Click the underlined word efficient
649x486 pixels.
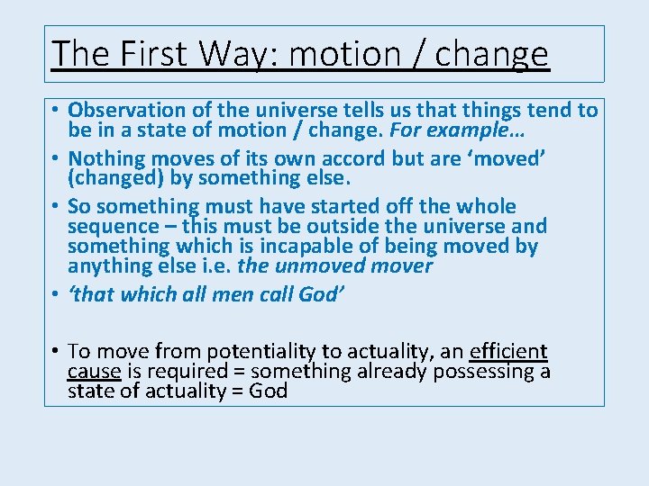508,351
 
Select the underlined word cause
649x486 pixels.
95,371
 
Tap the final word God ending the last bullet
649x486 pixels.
266,391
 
